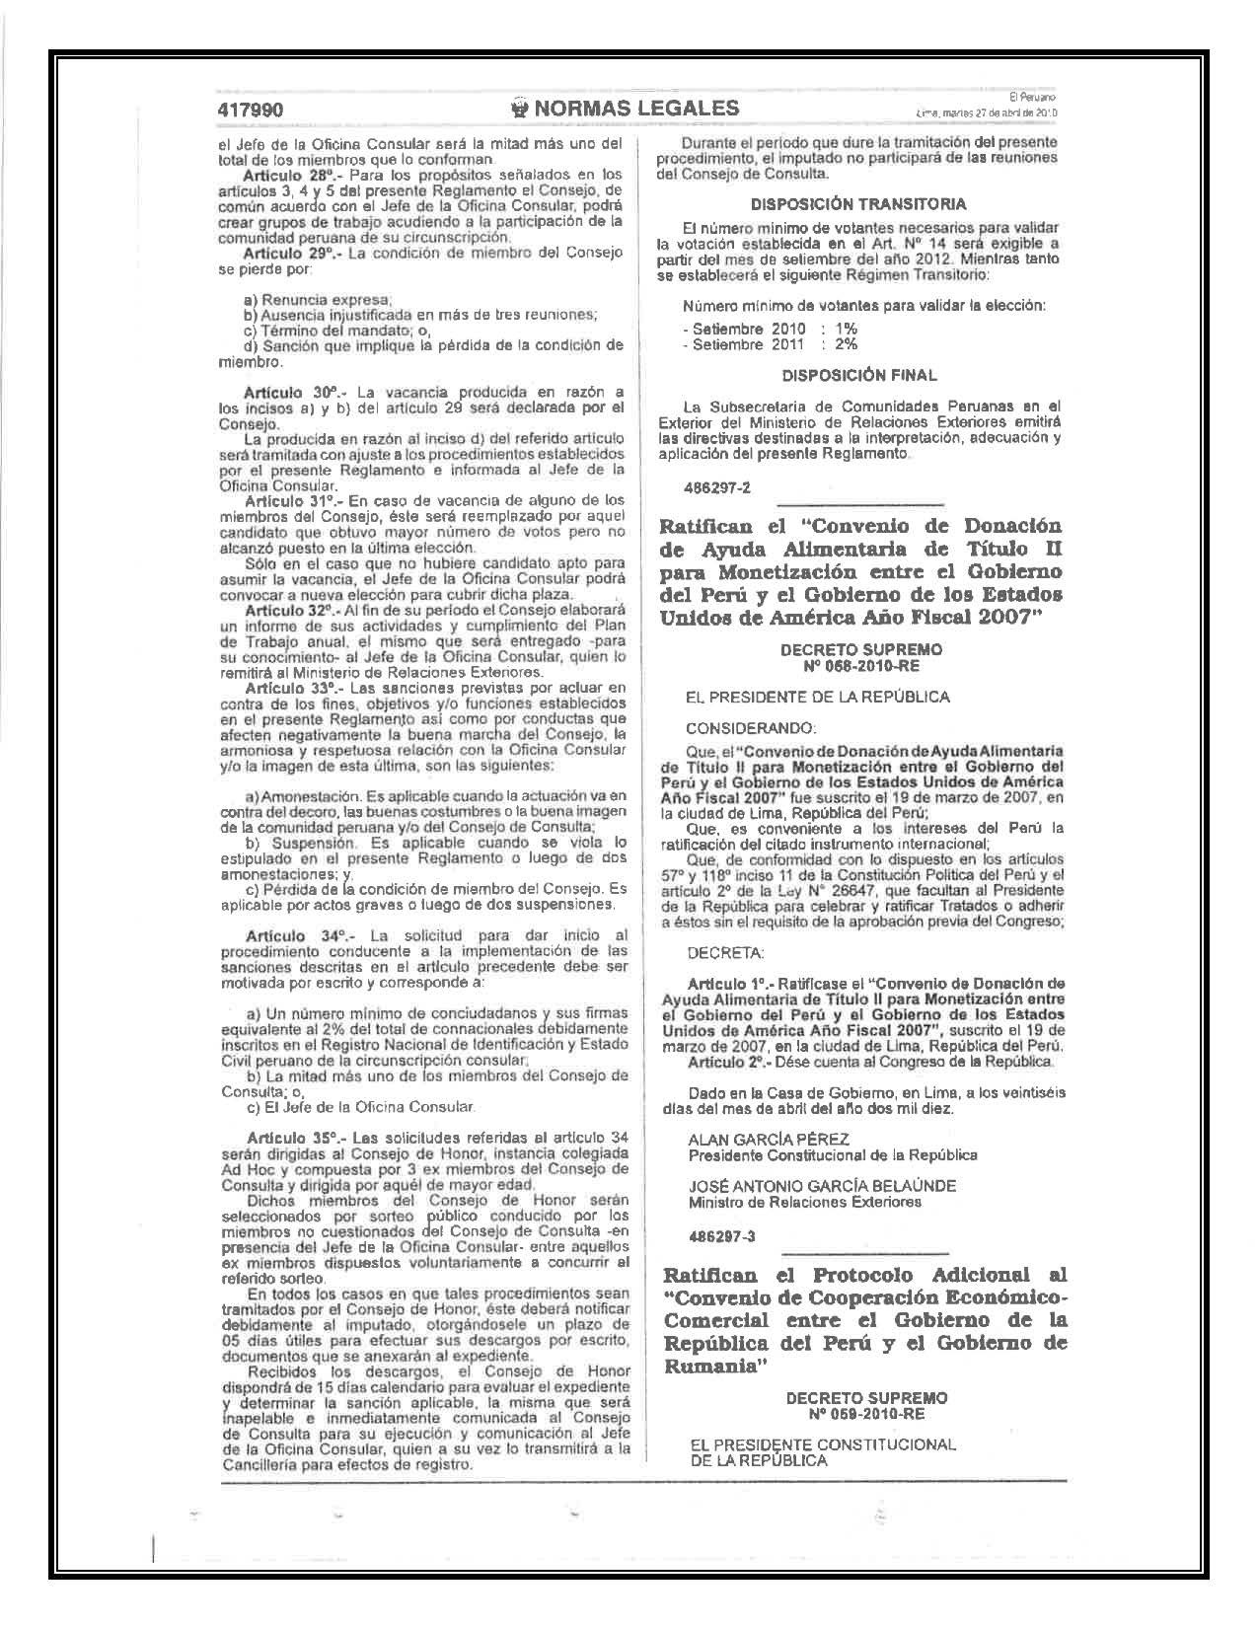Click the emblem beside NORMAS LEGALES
519,109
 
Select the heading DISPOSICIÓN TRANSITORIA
858,204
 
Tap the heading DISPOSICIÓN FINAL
858,375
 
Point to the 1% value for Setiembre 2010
846,329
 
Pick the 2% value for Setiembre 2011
846,344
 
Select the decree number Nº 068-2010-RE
860,665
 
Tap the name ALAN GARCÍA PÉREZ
769,1139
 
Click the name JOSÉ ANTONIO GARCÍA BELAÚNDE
822,1186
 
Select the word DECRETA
725,953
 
